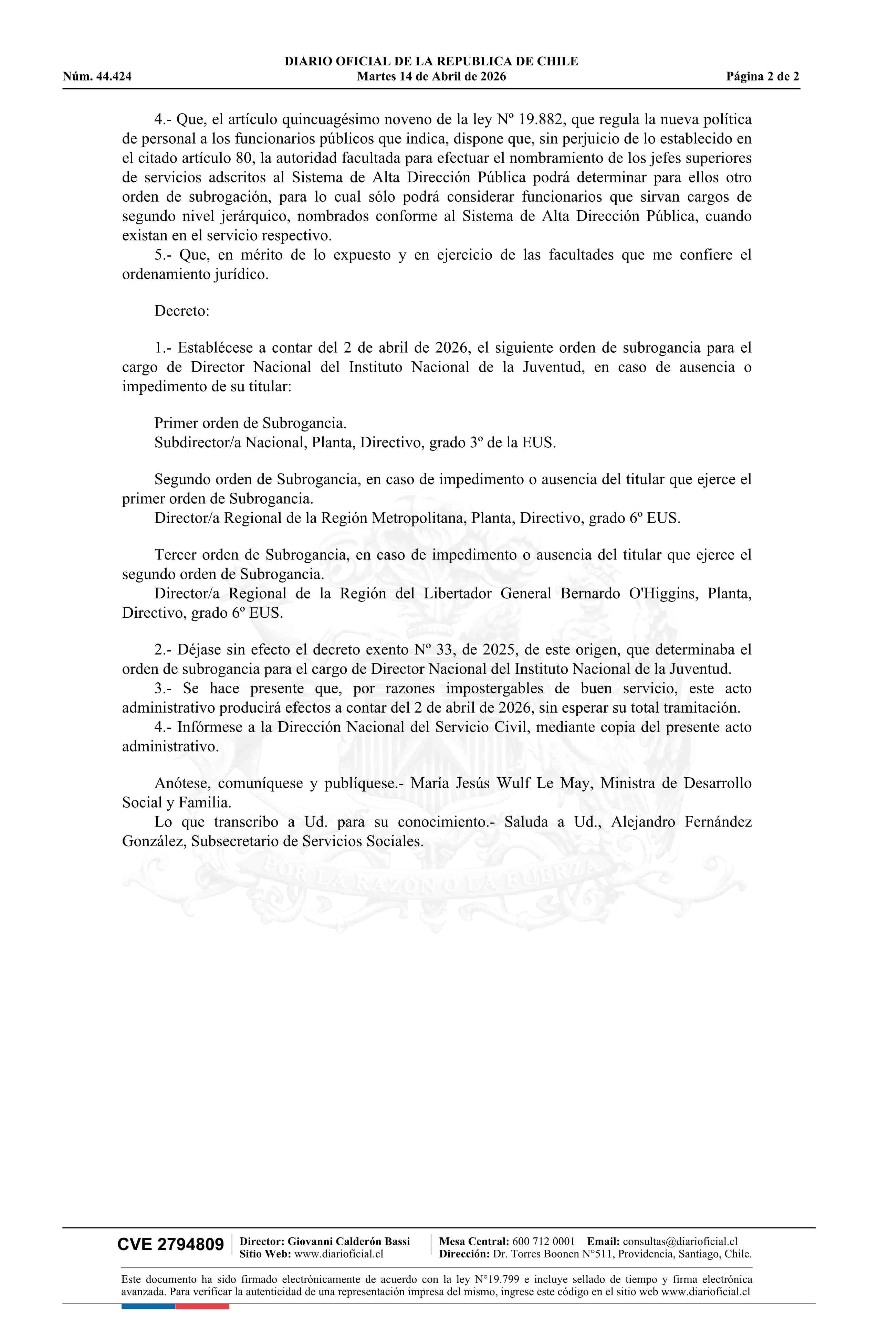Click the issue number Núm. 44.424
[x=97, y=77]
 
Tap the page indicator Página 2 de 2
[x=762, y=77]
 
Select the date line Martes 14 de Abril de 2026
[x=431, y=77]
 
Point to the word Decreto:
[x=182, y=311]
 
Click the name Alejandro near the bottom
[x=643, y=822]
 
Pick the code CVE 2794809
[x=170, y=1244]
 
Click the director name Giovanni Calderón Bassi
[x=349, y=1241]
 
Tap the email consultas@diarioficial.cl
[x=680, y=1241]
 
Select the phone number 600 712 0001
[x=543, y=1241]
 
